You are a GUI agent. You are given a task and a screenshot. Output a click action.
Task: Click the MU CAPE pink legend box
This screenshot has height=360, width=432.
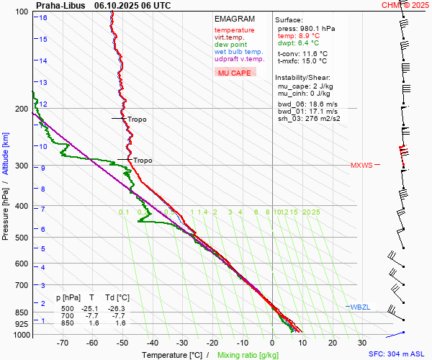coord(235,73)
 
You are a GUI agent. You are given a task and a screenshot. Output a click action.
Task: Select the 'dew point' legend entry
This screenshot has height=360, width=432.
coord(230,45)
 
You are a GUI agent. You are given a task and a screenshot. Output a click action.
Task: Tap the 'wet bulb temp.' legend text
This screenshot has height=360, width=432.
coord(238,52)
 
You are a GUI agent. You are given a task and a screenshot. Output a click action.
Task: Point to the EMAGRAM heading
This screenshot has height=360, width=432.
coord(234,19)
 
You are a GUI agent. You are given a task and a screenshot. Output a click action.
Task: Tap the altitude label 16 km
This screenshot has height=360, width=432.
coord(43,17)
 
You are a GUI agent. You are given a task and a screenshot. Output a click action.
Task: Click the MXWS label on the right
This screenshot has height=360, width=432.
coord(361,166)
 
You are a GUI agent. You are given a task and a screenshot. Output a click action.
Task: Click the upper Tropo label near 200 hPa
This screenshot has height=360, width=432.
coord(137,120)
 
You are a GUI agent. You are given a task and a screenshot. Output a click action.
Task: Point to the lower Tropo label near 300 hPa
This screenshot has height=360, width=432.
coord(142,161)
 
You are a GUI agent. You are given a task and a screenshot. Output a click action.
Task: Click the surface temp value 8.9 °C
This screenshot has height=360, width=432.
coord(304,36)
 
